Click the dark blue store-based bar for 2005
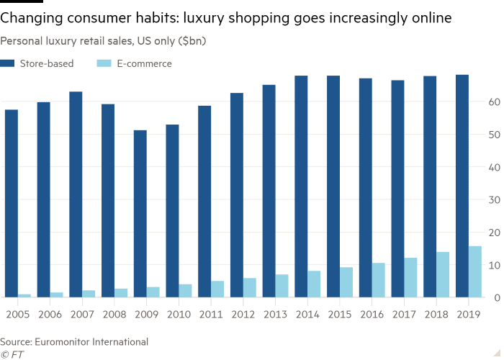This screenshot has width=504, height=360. point(12,203)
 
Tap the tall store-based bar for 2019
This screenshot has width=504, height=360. point(462,185)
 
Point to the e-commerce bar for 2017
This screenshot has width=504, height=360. point(410,277)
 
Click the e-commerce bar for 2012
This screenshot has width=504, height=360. point(249,287)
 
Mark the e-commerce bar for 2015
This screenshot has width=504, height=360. point(346,282)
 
